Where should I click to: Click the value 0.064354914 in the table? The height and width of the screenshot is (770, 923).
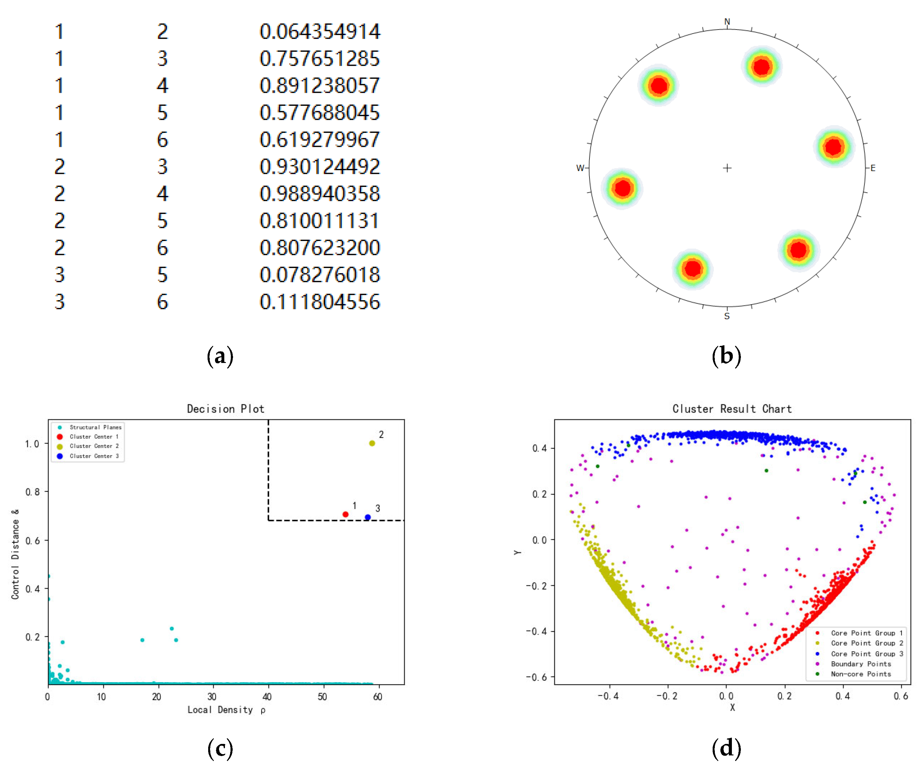320,32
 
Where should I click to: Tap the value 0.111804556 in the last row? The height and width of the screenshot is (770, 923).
320,302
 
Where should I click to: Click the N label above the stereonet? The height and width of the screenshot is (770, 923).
727,21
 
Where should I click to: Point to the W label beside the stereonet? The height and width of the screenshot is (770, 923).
580,168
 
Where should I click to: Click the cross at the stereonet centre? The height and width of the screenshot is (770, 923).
727,168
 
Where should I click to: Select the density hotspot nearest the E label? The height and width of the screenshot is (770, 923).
833,147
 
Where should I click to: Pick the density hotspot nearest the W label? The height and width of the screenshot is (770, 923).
622,188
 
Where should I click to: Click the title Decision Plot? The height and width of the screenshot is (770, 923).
226,409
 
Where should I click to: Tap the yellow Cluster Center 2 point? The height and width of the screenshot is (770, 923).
372,443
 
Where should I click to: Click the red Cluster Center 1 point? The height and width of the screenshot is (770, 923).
346,514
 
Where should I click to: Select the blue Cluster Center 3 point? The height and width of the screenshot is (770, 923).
367,517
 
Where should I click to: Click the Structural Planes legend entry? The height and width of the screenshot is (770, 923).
95,427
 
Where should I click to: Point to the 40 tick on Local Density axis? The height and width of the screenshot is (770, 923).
267,696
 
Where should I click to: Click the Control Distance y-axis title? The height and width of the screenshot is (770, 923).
16,554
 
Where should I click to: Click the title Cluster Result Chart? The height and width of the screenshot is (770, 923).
732,409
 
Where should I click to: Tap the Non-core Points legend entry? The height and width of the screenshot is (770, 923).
861,674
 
